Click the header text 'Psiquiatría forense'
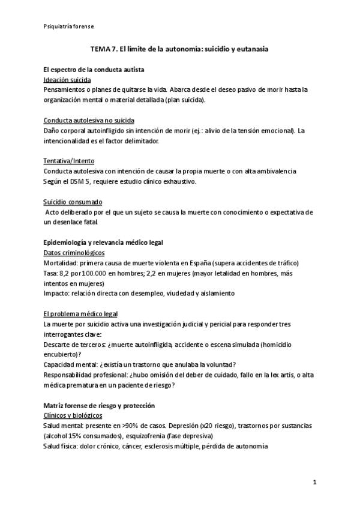click(68, 27)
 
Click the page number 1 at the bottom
click(314, 482)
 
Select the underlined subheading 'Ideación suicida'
click(67, 79)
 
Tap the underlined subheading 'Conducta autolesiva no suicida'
click(89, 120)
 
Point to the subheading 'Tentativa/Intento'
click(68, 161)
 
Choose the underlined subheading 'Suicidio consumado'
click(73, 202)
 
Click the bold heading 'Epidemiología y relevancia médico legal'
click(104, 242)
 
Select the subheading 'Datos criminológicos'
click(75, 253)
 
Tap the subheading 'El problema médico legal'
click(81, 314)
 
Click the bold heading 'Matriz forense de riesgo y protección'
click(99, 406)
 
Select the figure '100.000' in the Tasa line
click(95, 273)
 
